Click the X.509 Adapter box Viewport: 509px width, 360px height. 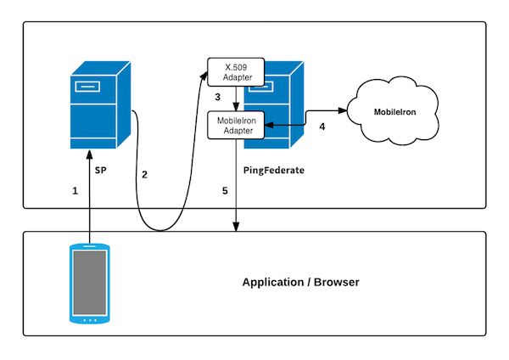236,71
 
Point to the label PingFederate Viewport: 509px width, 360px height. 273,170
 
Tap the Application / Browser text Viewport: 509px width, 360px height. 300,282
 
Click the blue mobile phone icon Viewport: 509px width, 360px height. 89,284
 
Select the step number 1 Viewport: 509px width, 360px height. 76,191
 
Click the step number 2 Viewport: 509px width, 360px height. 144,175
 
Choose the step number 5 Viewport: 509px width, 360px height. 225,191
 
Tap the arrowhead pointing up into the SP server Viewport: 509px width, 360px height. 89,155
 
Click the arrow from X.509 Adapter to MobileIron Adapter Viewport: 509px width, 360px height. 237,98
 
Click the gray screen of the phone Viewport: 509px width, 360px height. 89,281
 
